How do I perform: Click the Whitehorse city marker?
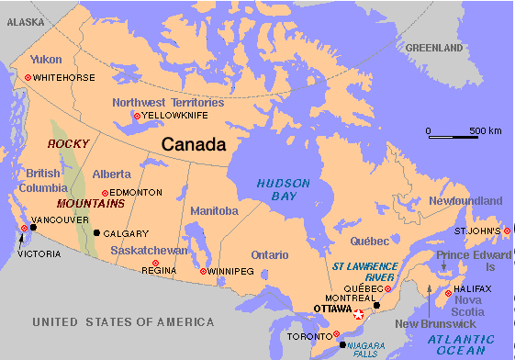[28, 78]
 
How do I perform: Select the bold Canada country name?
[193, 144]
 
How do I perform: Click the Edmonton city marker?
[105, 193]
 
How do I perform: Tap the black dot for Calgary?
[96, 233]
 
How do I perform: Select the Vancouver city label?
[60, 221]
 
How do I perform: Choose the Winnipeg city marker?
[203, 272]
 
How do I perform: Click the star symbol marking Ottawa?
[358, 314]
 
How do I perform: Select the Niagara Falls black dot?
[343, 345]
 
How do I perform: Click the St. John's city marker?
[507, 231]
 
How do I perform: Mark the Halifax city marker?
[448, 293]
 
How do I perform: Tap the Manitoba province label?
[214, 211]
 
